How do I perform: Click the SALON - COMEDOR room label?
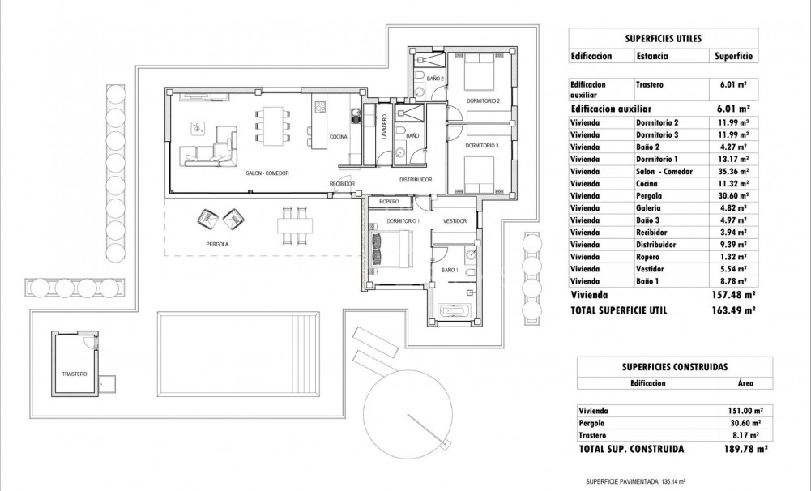pos(267,173)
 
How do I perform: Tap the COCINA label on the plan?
pos(338,137)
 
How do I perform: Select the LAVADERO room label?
pos(385,128)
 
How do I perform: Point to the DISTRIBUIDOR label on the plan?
pos(415,179)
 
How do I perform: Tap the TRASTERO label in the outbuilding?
pos(74,374)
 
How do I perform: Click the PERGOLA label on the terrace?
pos(216,244)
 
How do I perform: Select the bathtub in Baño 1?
pos(455,310)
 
